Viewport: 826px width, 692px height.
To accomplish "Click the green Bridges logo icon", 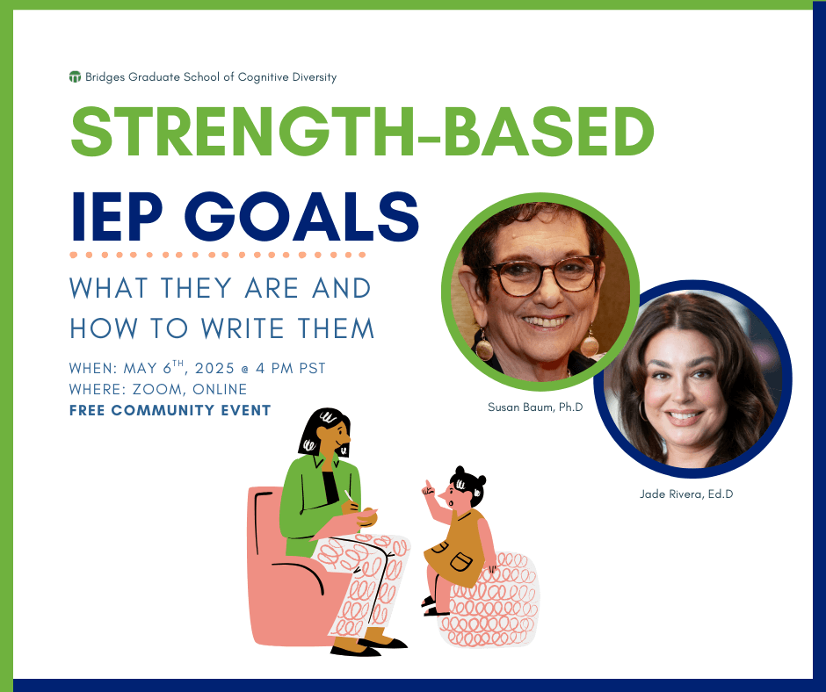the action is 75,77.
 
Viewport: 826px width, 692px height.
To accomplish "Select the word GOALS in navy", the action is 301,216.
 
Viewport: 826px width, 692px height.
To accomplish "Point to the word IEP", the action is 116,216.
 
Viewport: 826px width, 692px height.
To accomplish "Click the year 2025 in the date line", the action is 214,368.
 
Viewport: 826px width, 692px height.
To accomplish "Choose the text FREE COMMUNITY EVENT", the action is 170,410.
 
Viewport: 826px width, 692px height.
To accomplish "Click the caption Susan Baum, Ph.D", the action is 535,407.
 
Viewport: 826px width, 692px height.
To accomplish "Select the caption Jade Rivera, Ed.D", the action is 686,494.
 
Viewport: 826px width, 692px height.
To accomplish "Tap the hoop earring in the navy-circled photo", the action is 643,410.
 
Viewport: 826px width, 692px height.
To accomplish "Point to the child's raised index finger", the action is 427,485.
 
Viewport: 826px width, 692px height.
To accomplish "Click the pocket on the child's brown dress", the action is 461,561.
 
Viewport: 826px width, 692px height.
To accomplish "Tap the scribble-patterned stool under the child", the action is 490,601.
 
